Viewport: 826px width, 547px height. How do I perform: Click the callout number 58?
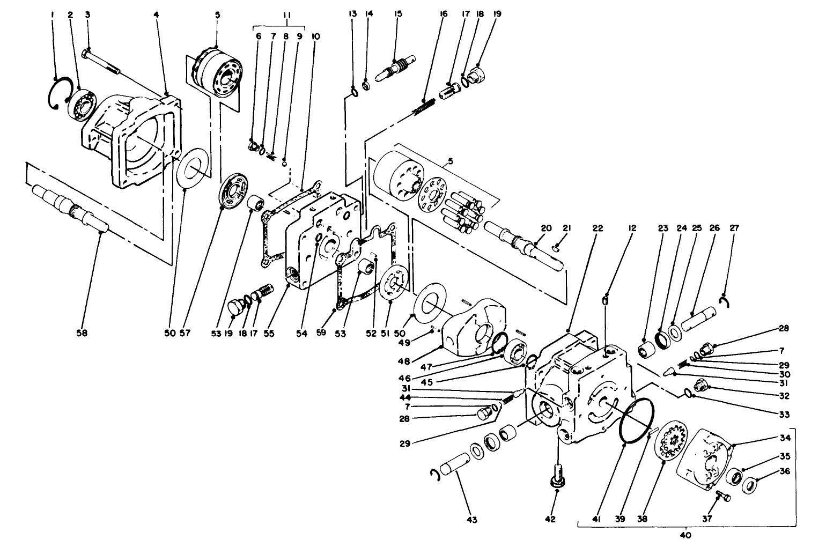82,333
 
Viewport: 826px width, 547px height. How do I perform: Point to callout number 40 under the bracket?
685,535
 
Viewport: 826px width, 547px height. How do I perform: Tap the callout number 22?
598,228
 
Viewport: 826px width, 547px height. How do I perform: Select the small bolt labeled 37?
721,494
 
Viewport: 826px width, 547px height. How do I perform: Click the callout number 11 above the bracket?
287,14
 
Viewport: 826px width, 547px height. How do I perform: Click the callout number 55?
269,333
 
